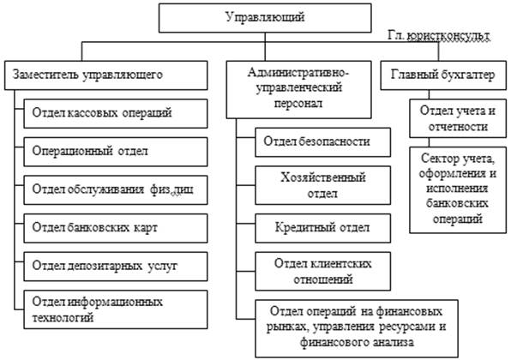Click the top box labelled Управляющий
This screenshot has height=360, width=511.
(x=265, y=18)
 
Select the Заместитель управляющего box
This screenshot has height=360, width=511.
(x=106, y=75)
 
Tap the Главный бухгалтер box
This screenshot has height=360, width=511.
(x=443, y=75)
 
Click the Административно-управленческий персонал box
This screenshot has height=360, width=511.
(x=299, y=90)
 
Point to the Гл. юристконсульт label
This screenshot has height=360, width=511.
(x=439, y=36)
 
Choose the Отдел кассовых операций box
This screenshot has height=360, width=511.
(x=116, y=113)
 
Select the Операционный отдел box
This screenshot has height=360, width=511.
(x=116, y=152)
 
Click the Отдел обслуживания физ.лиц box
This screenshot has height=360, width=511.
(x=116, y=190)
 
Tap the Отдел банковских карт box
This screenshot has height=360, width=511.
(x=116, y=228)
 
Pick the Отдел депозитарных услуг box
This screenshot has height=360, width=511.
(x=116, y=267)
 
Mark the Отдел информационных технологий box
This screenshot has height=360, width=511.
(x=116, y=309)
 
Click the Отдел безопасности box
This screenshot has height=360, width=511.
(x=323, y=142)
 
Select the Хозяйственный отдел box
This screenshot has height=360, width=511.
(x=323, y=185)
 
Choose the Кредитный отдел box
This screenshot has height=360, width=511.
(x=323, y=228)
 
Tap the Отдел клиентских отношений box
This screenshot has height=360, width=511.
(x=323, y=272)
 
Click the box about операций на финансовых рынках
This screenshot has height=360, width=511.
(x=357, y=329)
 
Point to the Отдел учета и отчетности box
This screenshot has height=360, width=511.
(x=458, y=118)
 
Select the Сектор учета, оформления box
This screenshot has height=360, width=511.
(x=458, y=190)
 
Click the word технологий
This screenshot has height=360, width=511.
(x=63, y=318)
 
